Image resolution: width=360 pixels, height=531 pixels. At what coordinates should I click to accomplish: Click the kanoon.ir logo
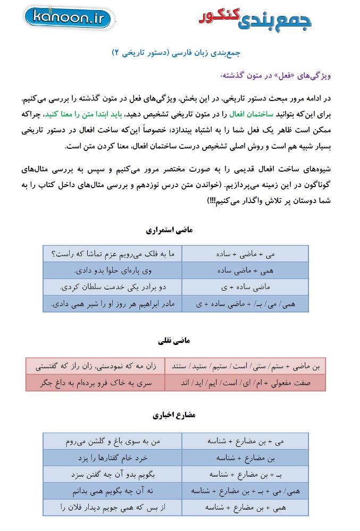69,19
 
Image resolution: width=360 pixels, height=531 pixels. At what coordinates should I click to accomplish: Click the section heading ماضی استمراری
169,230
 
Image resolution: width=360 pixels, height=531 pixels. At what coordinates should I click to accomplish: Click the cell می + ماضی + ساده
245,255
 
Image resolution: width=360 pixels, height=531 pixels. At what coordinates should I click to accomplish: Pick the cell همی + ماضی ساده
245,271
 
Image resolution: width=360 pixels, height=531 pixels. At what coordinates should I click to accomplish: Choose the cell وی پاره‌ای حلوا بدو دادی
113,271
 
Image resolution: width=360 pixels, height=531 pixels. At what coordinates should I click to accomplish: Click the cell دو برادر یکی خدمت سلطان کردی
113,287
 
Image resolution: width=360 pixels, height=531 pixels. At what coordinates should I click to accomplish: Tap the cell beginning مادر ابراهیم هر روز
113,304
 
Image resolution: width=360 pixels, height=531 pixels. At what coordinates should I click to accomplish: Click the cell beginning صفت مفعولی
245,382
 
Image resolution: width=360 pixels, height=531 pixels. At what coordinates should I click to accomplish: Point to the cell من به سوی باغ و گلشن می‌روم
113,441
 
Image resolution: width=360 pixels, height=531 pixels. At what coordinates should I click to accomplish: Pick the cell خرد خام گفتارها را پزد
113,458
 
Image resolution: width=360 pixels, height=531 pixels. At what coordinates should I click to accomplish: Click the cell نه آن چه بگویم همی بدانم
113,491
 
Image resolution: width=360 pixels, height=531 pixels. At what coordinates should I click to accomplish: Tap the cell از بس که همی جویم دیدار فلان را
113,508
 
